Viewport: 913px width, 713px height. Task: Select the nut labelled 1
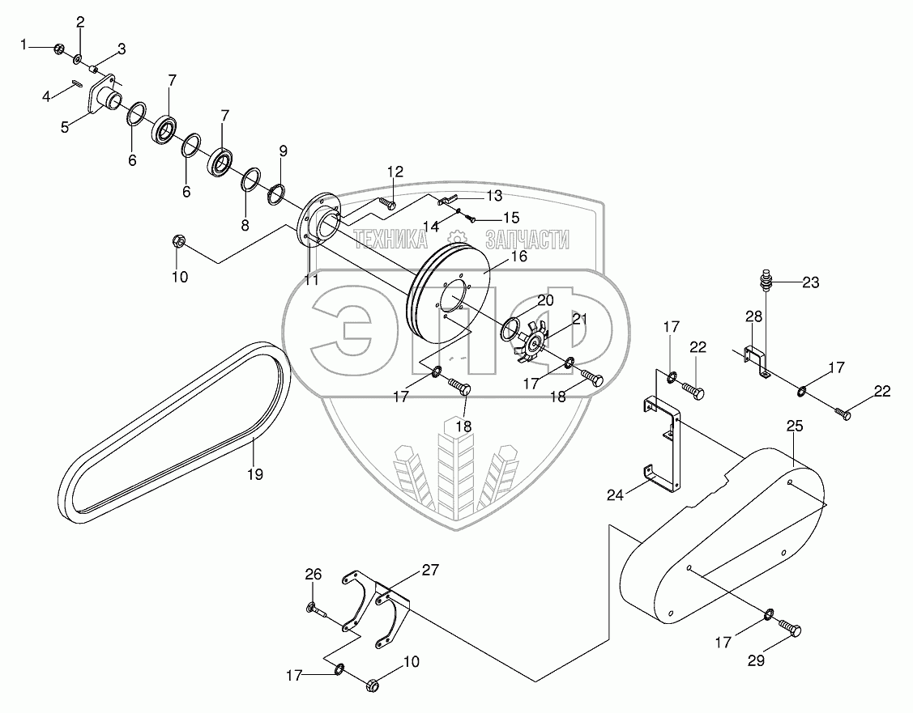pos(59,49)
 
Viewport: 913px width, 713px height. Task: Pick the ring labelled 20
pos(510,328)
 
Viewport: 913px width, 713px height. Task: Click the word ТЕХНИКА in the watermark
pos(390,239)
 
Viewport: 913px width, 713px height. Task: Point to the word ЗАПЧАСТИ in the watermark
pos(527,239)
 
